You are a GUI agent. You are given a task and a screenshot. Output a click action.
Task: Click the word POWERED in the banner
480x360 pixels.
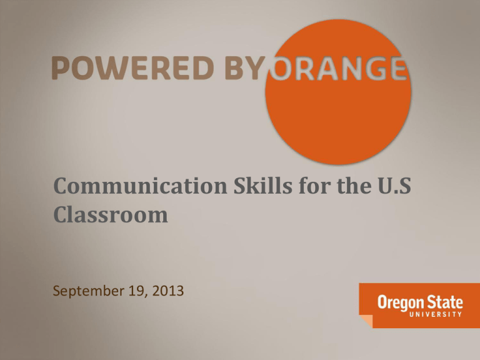click(x=133, y=67)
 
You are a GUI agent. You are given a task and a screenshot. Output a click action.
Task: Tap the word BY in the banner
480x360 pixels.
click(x=245, y=67)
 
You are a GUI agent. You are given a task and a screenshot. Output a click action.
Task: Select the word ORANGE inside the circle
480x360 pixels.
click(x=338, y=68)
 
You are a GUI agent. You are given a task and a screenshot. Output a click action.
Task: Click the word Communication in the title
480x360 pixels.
click(x=141, y=186)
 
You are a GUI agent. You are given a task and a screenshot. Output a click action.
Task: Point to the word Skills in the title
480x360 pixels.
click(x=263, y=186)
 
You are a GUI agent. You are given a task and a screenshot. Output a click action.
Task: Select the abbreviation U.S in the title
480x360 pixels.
click(x=394, y=186)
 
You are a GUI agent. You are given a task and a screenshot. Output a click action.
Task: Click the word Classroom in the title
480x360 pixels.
click(x=111, y=214)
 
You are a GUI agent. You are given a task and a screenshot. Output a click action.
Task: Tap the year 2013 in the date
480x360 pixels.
click(x=168, y=291)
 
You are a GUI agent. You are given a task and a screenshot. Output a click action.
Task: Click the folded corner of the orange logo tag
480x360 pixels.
click(x=366, y=321)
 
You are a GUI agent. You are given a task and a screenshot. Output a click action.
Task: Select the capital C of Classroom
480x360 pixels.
click(x=61, y=214)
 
